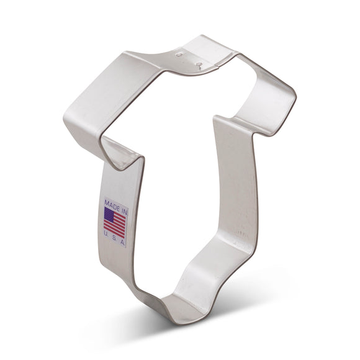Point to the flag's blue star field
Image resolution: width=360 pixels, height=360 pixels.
point(109,215)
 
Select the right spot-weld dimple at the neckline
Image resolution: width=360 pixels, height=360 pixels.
point(197,63)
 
